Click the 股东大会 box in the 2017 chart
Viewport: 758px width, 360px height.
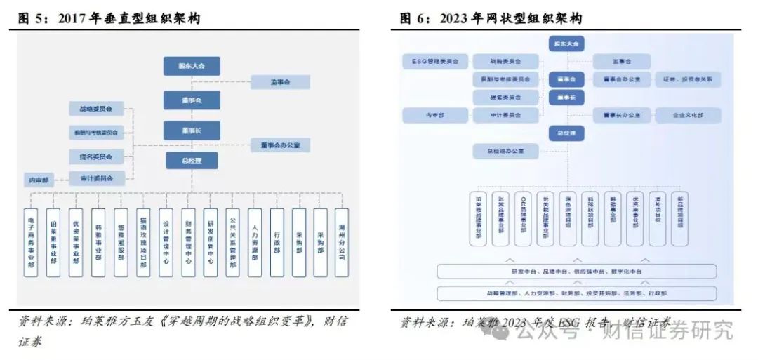[x=192, y=66]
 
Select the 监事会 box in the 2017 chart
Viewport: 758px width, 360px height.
[x=280, y=82]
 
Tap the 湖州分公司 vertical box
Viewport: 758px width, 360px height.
[x=341, y=242]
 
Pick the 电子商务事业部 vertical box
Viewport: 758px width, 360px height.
[x=31, y=242]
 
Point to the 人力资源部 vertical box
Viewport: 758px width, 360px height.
[x=254, y=242]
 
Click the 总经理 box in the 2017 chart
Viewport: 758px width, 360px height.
[x=192, y=161]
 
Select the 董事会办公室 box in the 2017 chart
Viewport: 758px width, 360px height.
[x=280, y=145]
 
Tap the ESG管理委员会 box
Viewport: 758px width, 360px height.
[x=435, y=62]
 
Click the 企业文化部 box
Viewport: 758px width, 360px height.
[x=688, y=115]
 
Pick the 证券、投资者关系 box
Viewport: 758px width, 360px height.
[x=688, y=79]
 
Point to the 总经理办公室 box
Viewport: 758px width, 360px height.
[x=505, y=150]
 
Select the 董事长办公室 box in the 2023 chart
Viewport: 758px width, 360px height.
[x=622, y=115]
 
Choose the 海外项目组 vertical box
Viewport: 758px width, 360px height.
[x=658, y=218]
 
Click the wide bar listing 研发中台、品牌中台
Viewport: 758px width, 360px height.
[x=576, y=272]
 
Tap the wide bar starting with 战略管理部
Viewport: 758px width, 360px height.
[x=576, y=293]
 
